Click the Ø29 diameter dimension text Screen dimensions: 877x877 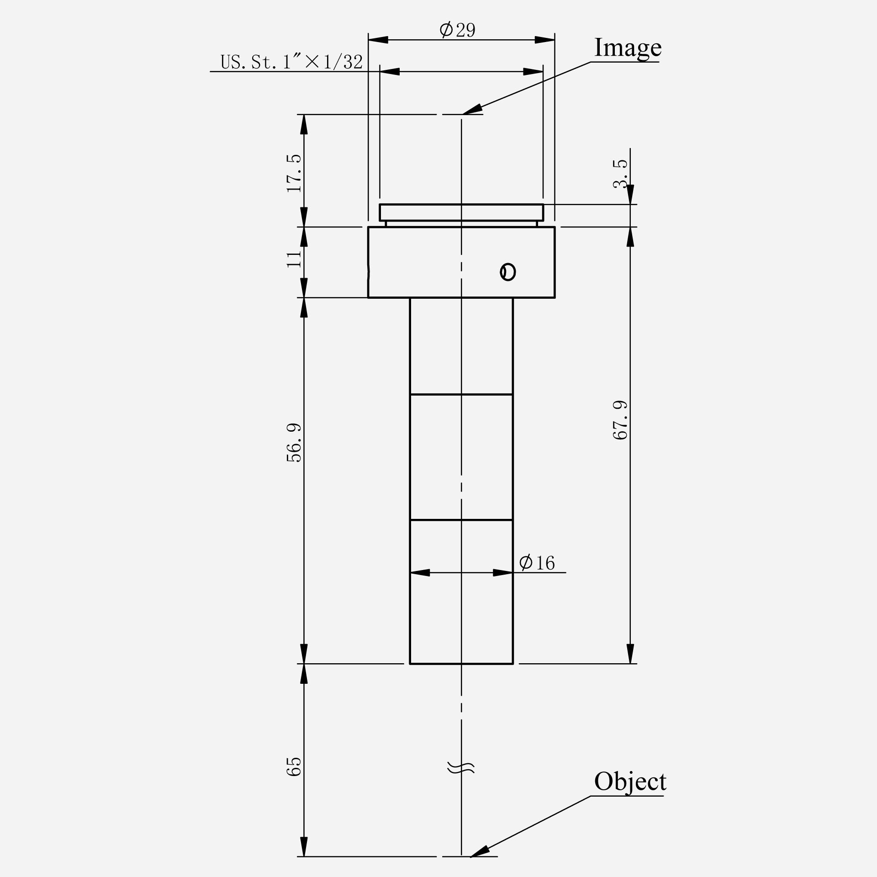457,30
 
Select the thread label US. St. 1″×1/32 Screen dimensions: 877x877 291,62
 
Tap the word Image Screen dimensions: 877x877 627,48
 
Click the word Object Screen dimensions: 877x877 629,781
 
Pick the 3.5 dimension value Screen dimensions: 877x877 621,174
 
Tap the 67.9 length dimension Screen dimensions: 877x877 620,420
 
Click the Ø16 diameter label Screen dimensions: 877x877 537,563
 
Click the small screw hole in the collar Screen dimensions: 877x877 507,272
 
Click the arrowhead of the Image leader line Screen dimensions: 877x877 472,110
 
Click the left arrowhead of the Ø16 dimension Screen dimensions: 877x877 420,572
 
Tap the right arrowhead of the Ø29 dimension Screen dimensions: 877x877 545,40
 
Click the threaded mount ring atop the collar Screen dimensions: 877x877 461,212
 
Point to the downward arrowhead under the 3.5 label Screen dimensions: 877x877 630,195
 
